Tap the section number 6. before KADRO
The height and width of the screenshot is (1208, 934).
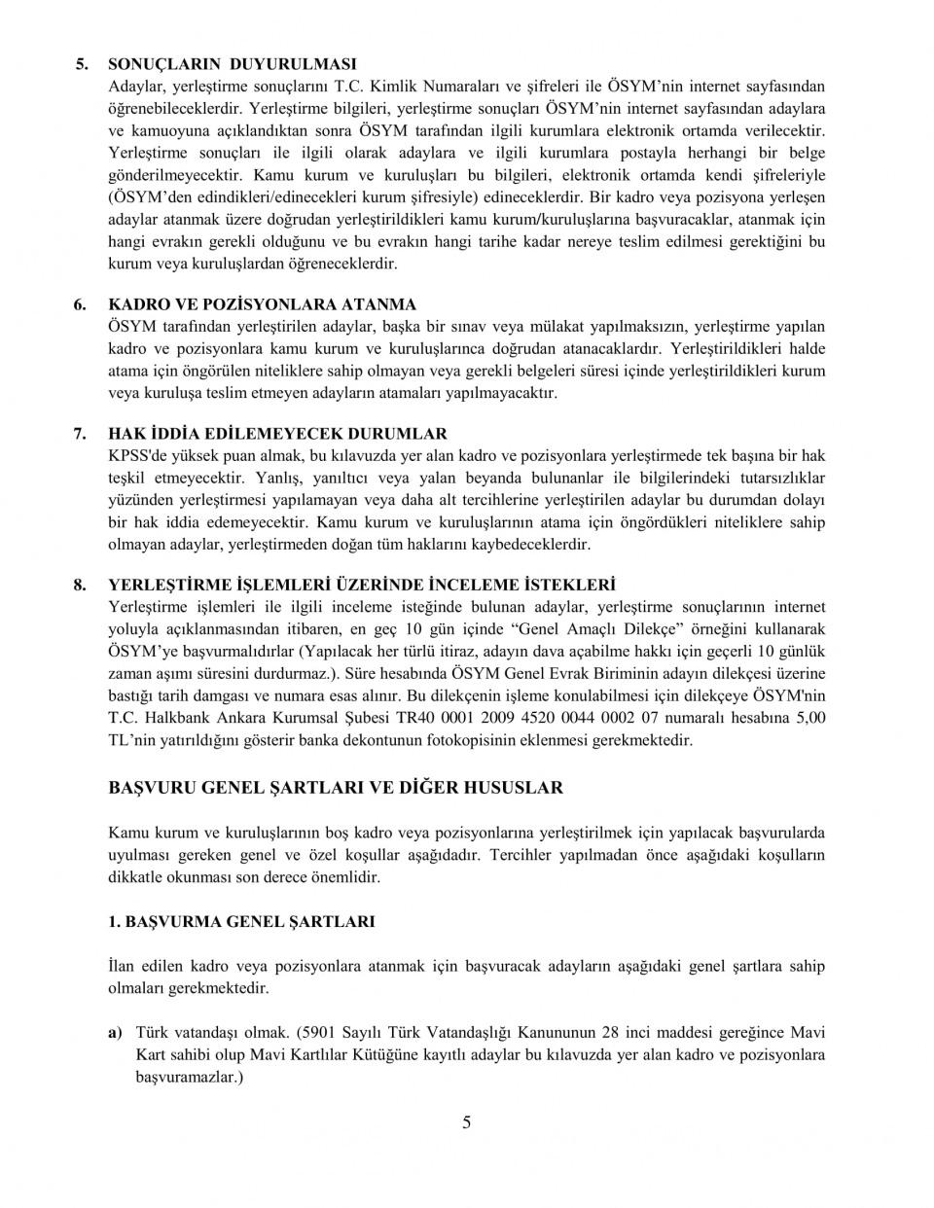tap(82, 304)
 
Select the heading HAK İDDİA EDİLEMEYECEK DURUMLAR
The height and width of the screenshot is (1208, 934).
tap(277, 434)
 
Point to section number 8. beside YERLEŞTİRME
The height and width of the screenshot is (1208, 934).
tap(82, 586)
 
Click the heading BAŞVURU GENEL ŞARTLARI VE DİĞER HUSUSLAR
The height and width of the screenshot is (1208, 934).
tap(336, 788)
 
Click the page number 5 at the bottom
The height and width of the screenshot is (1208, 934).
tap(467, 1123)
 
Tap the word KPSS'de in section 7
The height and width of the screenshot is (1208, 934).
tap(136, 455)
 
